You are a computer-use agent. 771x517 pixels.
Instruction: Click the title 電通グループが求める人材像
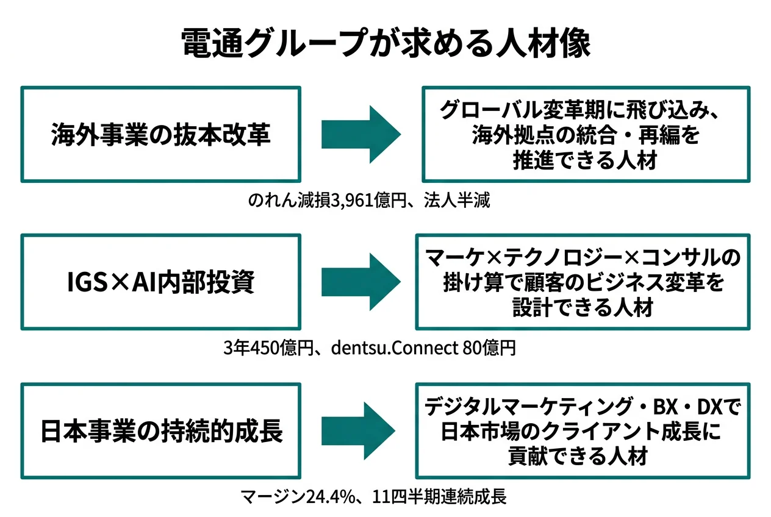pyautogui.click(x=385, y=44)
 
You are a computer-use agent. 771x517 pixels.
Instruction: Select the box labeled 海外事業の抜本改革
pyautogui.click(x=160, y=134)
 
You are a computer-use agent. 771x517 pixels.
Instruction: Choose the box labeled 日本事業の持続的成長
pyautogui.click(x=160, y=431)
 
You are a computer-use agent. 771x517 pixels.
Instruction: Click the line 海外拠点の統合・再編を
pyautogui.click(x=585, y=135)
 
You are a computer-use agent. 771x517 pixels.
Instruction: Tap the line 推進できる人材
pyautogui.click(x=585, y=161)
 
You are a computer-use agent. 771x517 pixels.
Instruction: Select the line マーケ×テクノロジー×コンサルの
pyautogui.click(x=583, y=257)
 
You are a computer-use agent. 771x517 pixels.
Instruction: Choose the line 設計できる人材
pyautogui.click(x=583, y=308)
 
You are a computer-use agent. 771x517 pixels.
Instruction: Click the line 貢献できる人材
pyautogui.click(x=583, y=457)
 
